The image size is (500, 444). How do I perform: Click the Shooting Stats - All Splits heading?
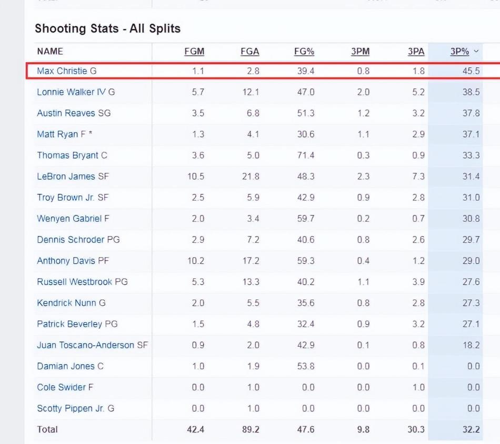tap(107, 28)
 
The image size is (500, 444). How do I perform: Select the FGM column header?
tap(194, 51)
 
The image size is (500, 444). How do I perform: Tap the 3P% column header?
tap(459, 51)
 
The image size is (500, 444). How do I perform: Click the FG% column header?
tap(304, 51)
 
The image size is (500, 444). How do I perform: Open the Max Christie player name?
tap(62, 71)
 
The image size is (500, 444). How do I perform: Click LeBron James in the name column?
tap(66, 177)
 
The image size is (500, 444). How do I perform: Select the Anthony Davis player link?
tap(65, 261)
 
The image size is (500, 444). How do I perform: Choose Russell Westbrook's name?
tap(74, 282)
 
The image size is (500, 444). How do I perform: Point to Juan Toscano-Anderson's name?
tap(85, 345)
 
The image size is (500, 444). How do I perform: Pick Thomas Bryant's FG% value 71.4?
tap(305, 156)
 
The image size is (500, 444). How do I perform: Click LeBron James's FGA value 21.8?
tap(251, 177)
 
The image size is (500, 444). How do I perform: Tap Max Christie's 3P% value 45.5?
tap(471, 71)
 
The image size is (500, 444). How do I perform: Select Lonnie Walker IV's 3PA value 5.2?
tap(418, 92)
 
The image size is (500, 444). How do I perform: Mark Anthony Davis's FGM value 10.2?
tap(195, 261)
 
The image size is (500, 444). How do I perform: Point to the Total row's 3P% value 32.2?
tap(471, 429)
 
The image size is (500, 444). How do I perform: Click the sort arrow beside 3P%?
tap(476, 51)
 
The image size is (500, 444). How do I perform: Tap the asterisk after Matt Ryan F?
tap(91, 133)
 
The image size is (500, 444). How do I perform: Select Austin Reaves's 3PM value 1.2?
tap(363, 113)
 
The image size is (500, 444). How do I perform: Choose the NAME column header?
tap(50, 51)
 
